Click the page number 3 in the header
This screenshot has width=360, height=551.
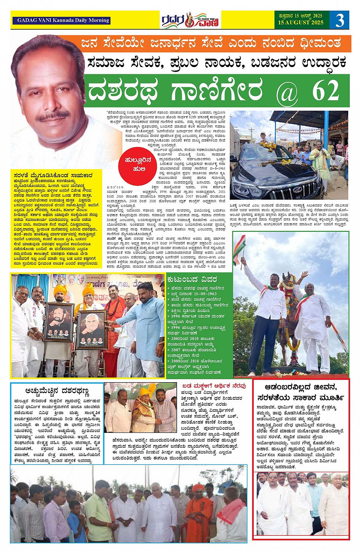pyautogui.click(x=339, y=19)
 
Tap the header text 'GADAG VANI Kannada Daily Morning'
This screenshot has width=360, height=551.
pyautogui.click(x=63, y=20)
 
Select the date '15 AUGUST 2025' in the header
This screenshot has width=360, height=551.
pyautogui.click(x=301, y=22)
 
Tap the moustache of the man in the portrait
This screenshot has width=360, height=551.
pyautogui.click(x=54, y=115)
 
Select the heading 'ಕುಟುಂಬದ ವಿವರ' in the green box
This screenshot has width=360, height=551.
pyautogui.click(x=192, y=279)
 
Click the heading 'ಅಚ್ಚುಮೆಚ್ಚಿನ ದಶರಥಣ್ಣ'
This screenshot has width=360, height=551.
pyautogui.click(x=57, y=391)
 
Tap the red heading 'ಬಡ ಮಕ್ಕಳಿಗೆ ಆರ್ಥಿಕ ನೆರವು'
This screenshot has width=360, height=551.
pyautogui.click(x=214, y=386)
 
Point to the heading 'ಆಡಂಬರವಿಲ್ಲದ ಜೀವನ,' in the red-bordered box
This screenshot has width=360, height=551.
pyautogui.click(x=301, y=387)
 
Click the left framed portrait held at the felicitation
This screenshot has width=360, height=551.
pyautogui.click(x=58, y=322)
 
